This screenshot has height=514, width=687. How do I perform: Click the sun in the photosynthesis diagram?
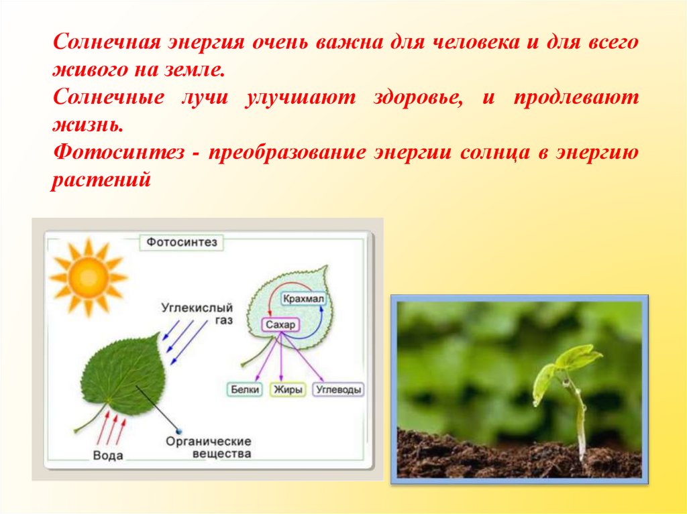click(88, 277)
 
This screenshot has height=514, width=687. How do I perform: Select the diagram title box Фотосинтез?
click(181, 242)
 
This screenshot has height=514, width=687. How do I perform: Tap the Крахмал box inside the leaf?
click(303, 299)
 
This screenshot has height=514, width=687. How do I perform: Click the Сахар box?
click(280, 325)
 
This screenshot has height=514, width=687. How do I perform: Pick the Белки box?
click(245, 389)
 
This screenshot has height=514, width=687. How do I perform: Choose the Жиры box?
click(287, 389)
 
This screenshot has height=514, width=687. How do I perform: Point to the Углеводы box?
click(339, 389)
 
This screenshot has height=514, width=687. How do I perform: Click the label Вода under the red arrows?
click(108, 455)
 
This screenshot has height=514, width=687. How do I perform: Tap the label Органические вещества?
click(209, 448)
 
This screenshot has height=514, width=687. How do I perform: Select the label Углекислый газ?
click(197, 314)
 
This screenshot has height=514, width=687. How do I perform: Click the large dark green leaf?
click(123, 375)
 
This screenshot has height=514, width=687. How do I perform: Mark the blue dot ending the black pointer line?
click(178, 432)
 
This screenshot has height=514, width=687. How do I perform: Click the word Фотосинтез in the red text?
click(118, 153)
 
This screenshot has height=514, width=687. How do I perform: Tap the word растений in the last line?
click(101, 180)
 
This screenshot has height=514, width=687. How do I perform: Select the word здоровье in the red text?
click(419, 98)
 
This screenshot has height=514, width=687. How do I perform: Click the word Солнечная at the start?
click(109, 42)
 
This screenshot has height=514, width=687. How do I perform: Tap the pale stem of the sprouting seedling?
click(578, 416)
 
